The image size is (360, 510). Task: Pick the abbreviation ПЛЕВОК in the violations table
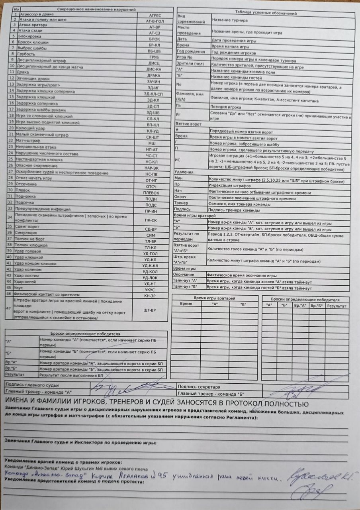pos(151,193)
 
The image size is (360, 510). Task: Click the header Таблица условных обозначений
pos(263,13)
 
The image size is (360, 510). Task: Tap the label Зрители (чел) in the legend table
pos(190,67)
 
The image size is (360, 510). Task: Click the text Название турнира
pos(230,20)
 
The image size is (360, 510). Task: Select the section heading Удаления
pos(184,172)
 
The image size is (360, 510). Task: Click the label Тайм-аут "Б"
pos(186,287)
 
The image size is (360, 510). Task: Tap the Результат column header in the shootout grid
pos(337,306)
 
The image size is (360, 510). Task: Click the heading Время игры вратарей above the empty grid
pos(214,298)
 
